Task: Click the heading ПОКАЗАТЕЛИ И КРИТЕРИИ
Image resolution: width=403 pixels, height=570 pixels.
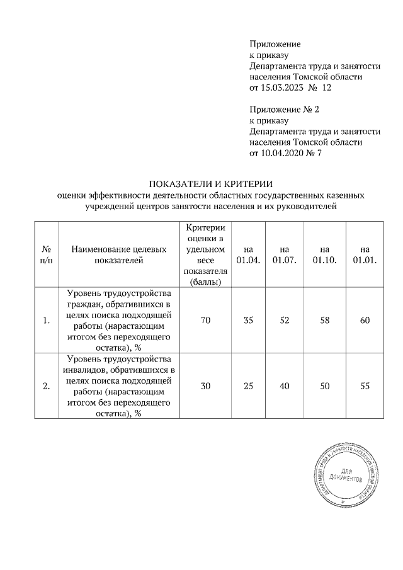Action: click(x=210, y=185)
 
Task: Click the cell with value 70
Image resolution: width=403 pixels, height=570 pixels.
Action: click(x=205, y=321)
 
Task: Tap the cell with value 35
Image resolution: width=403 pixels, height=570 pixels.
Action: click(x=248, y=321)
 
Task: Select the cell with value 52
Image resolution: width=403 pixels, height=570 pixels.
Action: click(x=284, y=321)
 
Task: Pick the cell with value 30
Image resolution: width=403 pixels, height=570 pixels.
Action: click(x=205, y=387)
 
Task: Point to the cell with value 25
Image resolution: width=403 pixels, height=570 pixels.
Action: click(x=248, y=387)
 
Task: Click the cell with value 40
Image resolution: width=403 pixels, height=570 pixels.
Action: click(x=284, y=387)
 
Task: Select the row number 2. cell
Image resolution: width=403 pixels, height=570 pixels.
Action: click(x=46, y=387)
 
